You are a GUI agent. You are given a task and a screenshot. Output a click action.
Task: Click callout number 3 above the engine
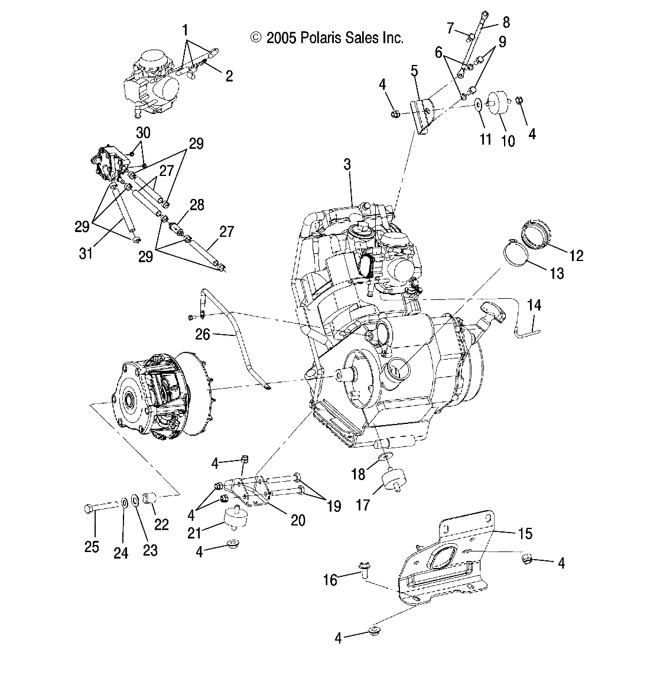347,165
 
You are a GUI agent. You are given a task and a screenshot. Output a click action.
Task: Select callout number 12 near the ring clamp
576,255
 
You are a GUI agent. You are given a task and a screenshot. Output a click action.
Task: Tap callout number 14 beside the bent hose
534,305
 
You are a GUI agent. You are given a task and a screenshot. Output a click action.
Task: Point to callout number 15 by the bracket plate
525,534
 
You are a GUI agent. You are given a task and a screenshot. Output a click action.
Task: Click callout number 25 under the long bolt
92,547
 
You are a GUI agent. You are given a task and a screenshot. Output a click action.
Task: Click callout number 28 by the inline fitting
197,205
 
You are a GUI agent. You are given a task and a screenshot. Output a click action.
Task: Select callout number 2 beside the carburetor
229,76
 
